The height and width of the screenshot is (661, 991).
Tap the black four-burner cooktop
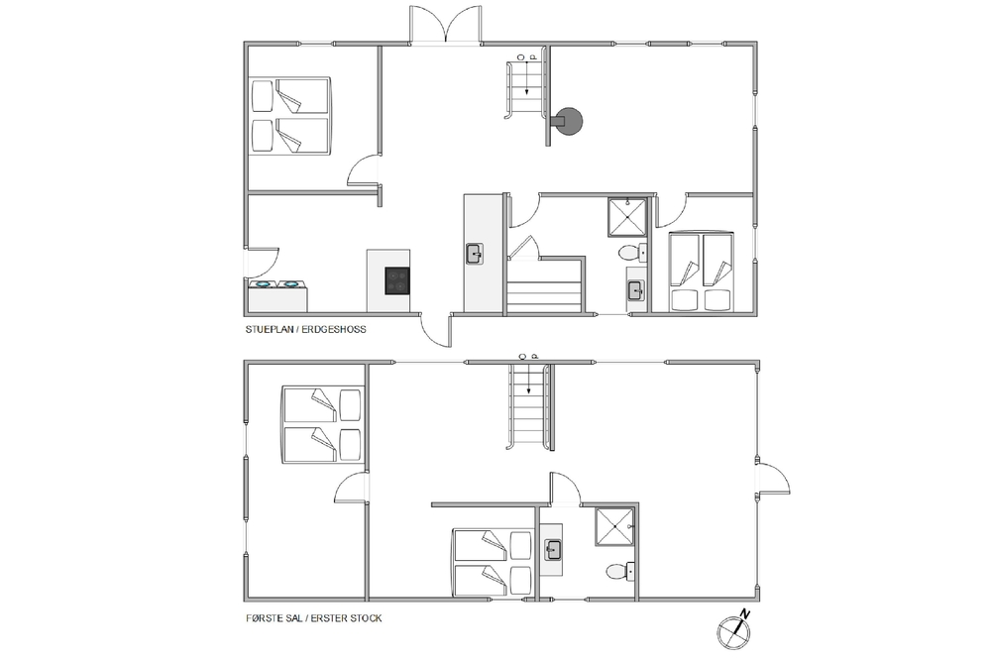point(397,280)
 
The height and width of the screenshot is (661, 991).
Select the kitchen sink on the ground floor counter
point(474,254)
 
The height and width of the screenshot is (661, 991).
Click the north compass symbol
point(734,628)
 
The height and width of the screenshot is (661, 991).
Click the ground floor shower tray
point(627,217)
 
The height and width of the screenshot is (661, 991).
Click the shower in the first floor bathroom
point(613,527)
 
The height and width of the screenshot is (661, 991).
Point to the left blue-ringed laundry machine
point(264,284)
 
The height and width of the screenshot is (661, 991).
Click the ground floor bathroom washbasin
point(634,290)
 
